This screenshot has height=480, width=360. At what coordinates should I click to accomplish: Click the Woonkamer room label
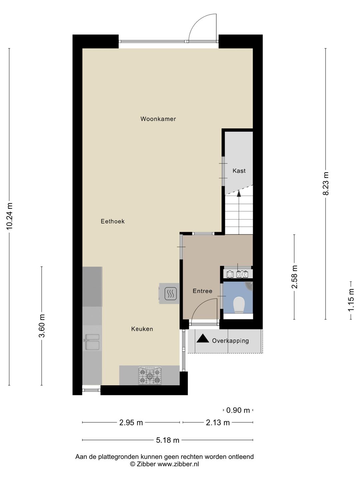158,119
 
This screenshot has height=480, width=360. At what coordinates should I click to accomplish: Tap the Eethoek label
113,221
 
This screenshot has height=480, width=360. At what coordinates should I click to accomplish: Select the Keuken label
142,329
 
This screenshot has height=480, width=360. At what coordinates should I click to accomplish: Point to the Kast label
239,171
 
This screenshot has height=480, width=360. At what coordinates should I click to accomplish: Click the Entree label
202,291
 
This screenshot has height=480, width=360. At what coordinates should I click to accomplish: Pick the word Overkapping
230,341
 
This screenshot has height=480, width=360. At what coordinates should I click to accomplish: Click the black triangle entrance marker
203,339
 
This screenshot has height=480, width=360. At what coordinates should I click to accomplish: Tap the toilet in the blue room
238,305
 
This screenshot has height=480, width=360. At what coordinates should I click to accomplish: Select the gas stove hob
150,376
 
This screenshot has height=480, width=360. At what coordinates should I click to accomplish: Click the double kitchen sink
92,342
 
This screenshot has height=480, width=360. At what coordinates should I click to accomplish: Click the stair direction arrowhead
239,193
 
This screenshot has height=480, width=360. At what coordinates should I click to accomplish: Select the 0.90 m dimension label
238,410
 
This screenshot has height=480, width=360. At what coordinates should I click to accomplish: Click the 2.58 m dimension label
295,277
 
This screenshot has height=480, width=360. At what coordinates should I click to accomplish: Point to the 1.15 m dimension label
351,300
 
